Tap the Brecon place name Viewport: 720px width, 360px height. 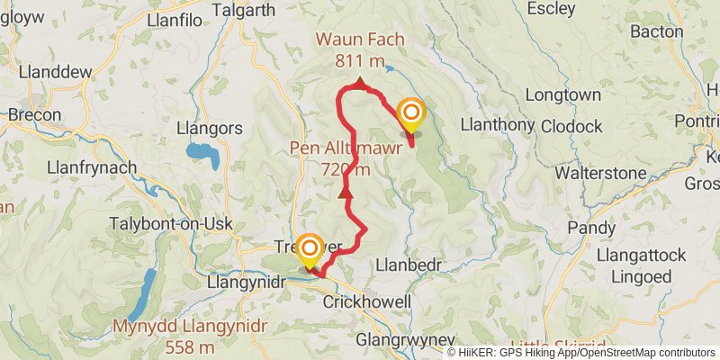(x=35, y=115)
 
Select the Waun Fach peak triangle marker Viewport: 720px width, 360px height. (x=359, y=84)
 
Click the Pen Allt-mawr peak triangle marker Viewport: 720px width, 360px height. (x=345, y=192)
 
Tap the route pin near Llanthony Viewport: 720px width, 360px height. (x=411, y=115)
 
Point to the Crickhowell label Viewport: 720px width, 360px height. (x=366, y=301)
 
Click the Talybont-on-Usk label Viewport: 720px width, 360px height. (x=170, y=224)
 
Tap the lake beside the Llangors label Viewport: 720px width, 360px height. (x=204, y=155)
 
